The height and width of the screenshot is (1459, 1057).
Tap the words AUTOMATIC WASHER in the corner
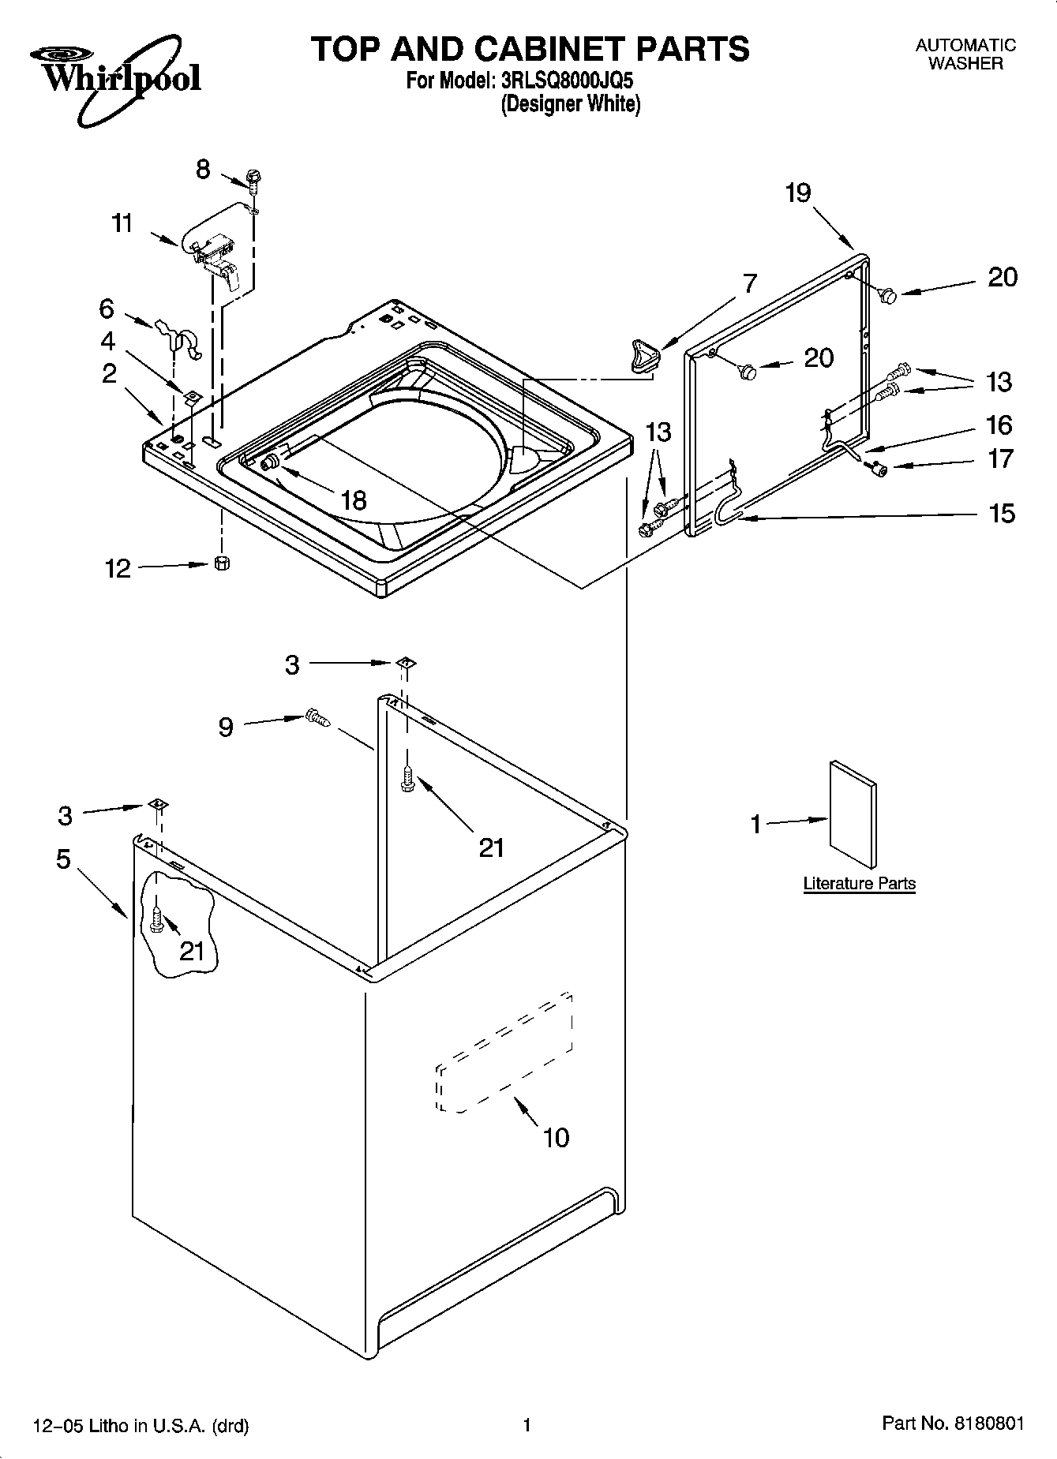tap(965, 54)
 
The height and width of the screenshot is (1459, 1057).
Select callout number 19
tap(798, 193)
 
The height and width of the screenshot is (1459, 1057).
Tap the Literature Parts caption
tap(859, 883)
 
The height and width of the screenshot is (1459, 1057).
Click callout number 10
tap(556, 1137)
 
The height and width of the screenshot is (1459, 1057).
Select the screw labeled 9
tap(317, 717)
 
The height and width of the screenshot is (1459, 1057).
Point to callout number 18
tap(354, 500)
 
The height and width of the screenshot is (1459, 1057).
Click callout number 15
tap(1001, 514)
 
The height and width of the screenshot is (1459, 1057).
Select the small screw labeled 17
tap(876, 469)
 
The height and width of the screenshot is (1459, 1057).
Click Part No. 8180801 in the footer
tap(952, 1423)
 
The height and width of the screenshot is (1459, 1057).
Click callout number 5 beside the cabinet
tap(63, 859)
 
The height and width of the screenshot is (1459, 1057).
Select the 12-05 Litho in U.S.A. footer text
tap(141, 1425)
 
